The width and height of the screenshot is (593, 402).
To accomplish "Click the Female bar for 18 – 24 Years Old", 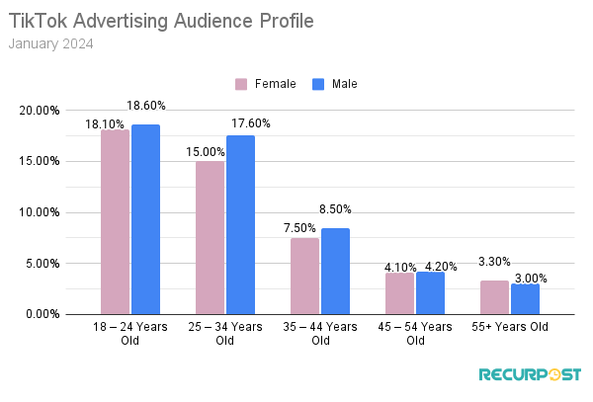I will tap(115, 222).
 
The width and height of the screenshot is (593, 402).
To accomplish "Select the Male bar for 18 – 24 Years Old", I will tap(145, 219).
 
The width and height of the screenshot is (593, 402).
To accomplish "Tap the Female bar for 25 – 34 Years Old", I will tap(210, 238).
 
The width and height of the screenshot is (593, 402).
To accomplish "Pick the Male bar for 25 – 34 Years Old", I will tap(240, 224).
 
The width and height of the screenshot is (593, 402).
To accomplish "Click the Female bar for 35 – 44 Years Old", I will tap(304, 277).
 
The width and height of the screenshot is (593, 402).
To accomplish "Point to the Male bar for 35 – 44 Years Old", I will tap(335, 272).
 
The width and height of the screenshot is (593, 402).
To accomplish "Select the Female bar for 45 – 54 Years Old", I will tap(399, 293).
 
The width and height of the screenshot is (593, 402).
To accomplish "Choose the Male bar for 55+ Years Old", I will tap(525, 299).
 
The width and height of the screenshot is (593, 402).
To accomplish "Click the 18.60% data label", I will tap(146, 105).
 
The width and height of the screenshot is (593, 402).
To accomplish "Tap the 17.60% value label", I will tap(251, 123).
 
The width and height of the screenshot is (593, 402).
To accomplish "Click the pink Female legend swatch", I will tap(241, 84).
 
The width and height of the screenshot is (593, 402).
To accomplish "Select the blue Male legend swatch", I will tap(318, 84).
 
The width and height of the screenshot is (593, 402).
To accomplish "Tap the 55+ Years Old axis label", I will tap(510, 327).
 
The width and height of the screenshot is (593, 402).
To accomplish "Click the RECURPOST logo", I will tap(530, 375).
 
